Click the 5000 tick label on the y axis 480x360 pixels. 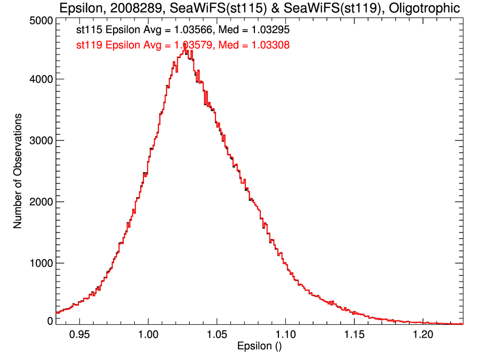coord(39,20)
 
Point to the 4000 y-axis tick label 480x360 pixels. coord(39,79)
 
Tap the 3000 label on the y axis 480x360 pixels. coord(39,140)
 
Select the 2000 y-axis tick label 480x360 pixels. coord(39,202)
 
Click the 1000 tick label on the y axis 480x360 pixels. coord(39,263)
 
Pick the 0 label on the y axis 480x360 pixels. coord(50,321)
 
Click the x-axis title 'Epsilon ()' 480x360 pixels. coord(259,347)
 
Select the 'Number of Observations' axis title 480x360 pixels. coord(18,171)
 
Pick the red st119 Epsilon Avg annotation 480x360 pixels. coord(183,45)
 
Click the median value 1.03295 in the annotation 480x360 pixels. coord(268,31)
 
